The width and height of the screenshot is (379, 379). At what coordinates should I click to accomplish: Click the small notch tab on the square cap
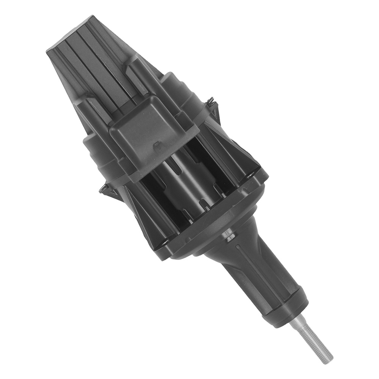156,146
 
